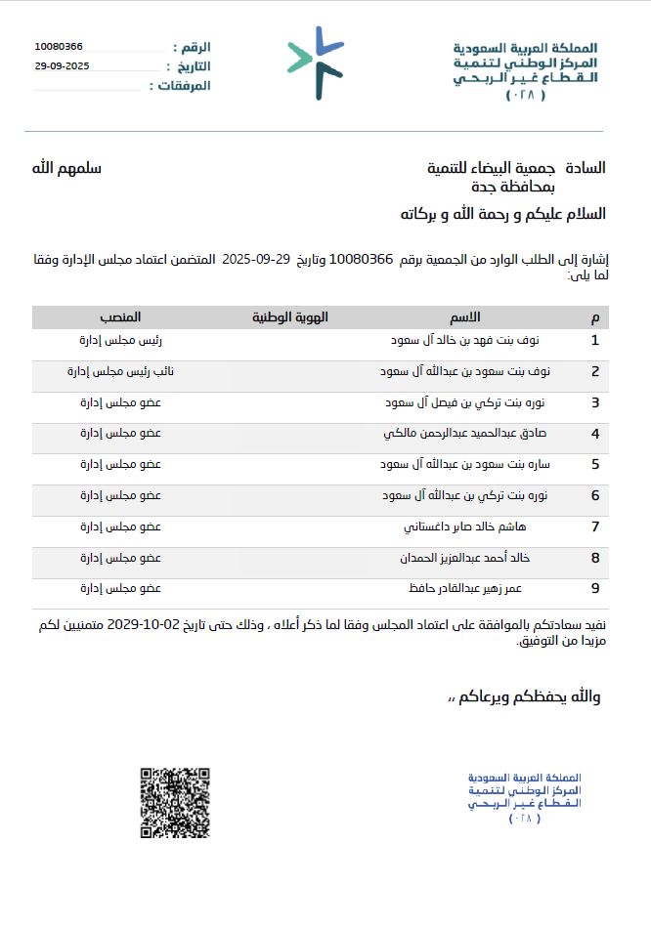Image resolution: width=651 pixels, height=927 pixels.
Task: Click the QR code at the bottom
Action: (175, 804)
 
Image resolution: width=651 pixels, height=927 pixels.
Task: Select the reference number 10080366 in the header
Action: (59, 47)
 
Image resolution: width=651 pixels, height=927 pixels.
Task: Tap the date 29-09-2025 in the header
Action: (62, 66)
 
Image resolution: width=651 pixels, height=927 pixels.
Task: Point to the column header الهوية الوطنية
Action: (289, 318)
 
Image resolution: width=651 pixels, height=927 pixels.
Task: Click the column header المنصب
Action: (120, 318)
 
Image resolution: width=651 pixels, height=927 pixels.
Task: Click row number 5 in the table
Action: (595, 465)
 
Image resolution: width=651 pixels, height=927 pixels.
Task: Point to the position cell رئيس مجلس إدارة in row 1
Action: (120, 341)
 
